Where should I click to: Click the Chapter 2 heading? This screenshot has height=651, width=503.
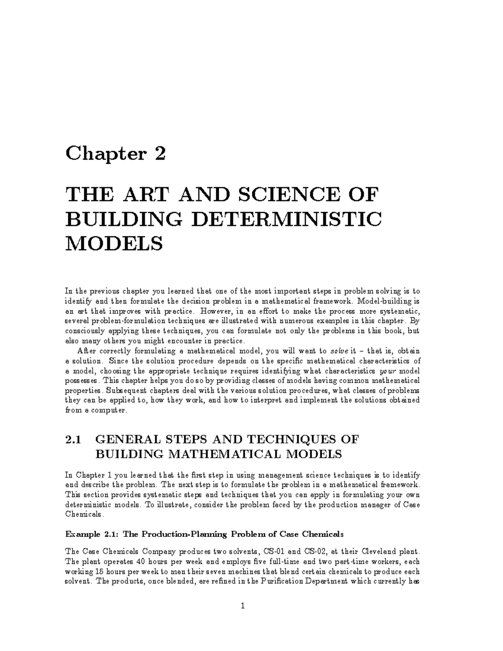[116, 154]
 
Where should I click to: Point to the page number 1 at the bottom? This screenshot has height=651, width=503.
[243, 606]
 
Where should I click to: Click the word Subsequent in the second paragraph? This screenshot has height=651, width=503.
[125, 391]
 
